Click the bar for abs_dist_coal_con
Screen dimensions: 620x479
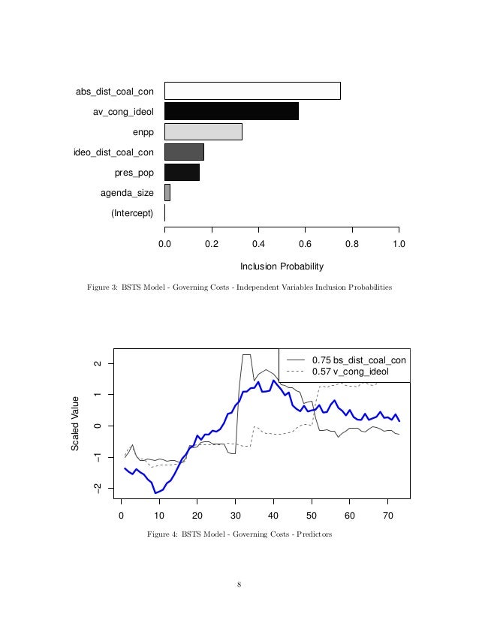pyautogui.click(x=252, y=91)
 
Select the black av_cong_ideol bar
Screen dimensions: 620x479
pyautogui.click(x=231, y=111)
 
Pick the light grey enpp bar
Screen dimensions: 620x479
pyautogui.click(x=203, y=131)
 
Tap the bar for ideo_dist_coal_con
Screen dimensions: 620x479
pyautogui.click(x=184, y=152)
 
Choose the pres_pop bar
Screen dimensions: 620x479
pyautogui.click(x=182, y=172)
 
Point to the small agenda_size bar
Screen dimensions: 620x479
pyautogui.click(x=167, y=192)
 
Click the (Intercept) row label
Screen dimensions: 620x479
pyautogui.click(x=132, y=213)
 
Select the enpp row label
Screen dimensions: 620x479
pyautogui.click(x=143, y=132)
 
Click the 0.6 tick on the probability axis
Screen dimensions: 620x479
pyautogui.click(x=305, y=243)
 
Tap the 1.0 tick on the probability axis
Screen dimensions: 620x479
pyautogui.click(x=399, y=243)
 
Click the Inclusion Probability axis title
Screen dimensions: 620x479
pyautogui.click(x=282, y=266)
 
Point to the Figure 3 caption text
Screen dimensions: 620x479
pyautogui.click(x=239, y=287)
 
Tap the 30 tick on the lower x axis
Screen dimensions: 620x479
pyautogui.click(x=235, y=516)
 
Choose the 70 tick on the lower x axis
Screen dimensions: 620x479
pyautogui.click(x=387, y=516)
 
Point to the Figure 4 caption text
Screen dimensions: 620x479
pyautogui.click(x=239, y=534)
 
